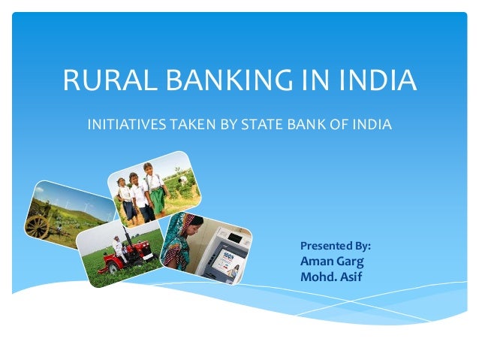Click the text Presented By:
pyautogui.click(x=335, y=246)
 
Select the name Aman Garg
pyautogui.click(x=332, y=262)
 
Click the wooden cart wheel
pyautogui.click(x=38, y=226)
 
